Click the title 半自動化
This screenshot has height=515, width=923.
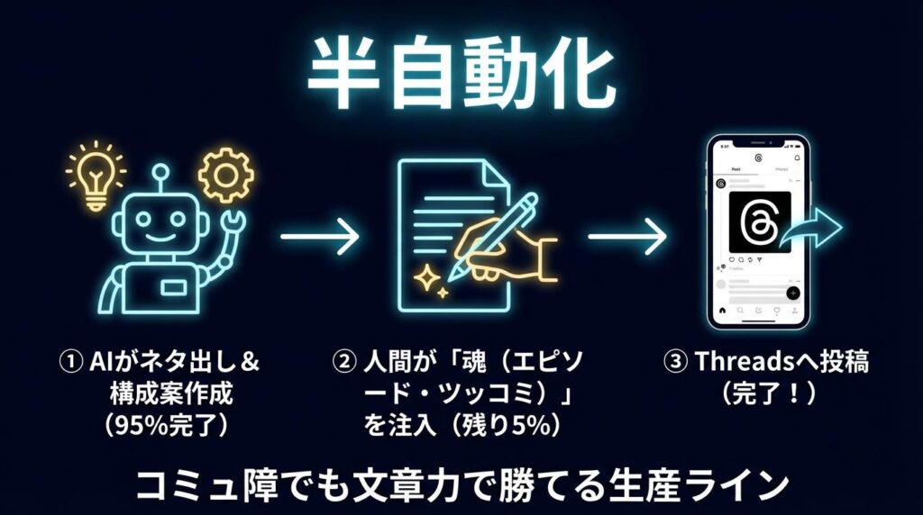pyautogui.click(x=461, y=75)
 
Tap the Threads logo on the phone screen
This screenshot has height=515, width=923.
pyautogui.click(x=757, y=221)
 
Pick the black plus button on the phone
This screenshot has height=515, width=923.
pyautogui.click(x=792, y=294)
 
